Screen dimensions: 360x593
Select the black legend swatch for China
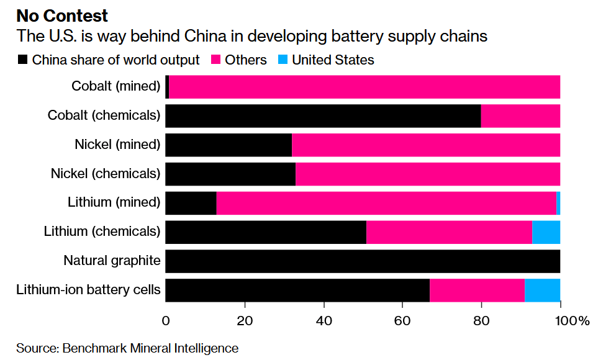click(x=23, y=60)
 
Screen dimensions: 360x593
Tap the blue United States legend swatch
click(x=283, y=60)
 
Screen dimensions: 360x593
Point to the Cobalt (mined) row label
click(x=116, y=86)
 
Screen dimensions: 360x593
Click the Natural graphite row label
click(x=112, y=261)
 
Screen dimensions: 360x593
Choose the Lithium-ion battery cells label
click(x=88, y=290)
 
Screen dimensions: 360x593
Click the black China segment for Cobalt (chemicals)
click(x=323, y=115)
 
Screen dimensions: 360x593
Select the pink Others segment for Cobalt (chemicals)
click(x=520, y=115)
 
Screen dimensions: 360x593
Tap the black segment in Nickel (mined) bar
click(x=229, y=145)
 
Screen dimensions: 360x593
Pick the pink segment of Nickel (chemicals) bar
click(x=428, y=174)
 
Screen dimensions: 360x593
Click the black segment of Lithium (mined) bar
click(x=191, y=203)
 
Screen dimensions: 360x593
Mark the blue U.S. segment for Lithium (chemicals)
click(x=546, y=232)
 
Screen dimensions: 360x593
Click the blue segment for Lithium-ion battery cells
click(x=543, y=290)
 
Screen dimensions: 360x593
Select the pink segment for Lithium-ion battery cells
click(x=477, y=290)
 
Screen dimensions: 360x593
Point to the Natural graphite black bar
click(x=363, y=261)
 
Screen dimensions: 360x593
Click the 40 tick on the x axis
click(x=324, y=321)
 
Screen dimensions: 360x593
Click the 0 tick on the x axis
click(x=166, y=321)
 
